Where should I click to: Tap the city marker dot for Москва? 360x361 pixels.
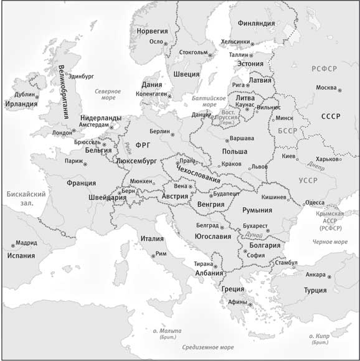[340, 89]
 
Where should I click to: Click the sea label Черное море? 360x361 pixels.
[329, 241]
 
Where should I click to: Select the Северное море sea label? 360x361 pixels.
[108, 94]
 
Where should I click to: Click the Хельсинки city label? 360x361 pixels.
[235, 42]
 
